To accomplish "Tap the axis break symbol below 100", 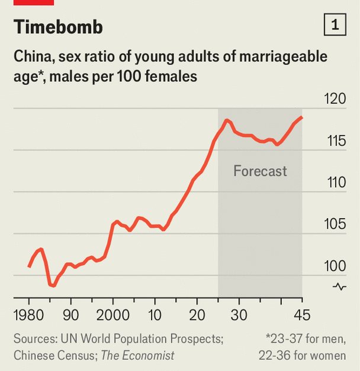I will pos(339,287).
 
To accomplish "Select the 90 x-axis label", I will pos(71,314).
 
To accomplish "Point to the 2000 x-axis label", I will pos(113,314).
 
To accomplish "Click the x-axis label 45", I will pos(301,314).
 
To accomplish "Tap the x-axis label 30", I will pos(239,314).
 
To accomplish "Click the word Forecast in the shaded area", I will pos(260,171).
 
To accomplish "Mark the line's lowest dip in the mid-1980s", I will pos(53,286).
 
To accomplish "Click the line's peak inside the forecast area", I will pos(226,120).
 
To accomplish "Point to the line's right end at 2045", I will pos(302,117).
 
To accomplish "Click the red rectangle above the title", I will pos(34,2).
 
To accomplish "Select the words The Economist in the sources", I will pos(137,356).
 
